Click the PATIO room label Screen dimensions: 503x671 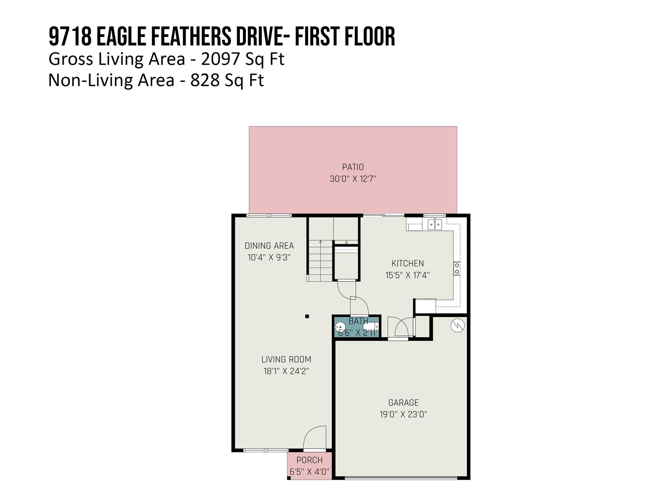pos(353,167)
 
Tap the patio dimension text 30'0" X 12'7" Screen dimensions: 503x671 pos(353,179)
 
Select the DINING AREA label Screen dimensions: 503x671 pos(269,246)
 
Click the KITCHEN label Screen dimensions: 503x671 pos(408,263)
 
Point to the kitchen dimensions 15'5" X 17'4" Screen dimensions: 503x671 pos(408,275)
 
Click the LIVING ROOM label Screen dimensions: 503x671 pos(286,359)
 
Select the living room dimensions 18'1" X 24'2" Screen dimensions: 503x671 pos(286,371)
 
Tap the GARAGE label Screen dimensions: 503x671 pos(403,402)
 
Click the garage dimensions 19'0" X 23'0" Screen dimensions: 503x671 pos(403,414)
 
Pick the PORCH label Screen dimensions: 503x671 pos(309,460)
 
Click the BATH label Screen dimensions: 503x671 pos(358,321)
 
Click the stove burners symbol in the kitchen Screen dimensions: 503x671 pos(457,269)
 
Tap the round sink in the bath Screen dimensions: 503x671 pos(340,327)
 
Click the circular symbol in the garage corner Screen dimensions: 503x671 pos(457,326)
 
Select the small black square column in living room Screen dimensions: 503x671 pos(307,316)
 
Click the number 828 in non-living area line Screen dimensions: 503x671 pos(204,80)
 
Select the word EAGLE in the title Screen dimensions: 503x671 pos(121,37)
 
